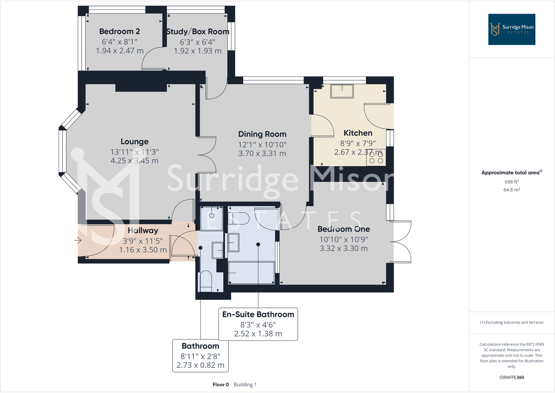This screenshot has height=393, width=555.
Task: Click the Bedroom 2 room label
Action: point(119,31)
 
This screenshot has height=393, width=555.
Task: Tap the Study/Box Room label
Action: point(198,32)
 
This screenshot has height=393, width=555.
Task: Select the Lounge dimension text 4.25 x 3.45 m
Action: point(134,161)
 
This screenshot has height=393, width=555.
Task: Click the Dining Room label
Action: point(262,134)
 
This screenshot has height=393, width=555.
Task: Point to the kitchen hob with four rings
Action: point(376,157)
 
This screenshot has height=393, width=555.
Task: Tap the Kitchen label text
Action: point(358,133)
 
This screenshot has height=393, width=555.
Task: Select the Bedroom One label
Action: point(343,229)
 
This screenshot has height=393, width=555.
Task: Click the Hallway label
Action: point(143,230)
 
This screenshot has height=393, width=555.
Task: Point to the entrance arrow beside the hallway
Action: point(78,240)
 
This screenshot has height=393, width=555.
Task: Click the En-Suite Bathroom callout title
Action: point(258,315)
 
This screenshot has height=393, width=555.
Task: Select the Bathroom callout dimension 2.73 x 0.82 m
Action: point(200,365)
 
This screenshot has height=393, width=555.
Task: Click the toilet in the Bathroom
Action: point(206,281)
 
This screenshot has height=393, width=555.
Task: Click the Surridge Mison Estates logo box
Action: point(511,29)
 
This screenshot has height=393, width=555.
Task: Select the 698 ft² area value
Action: point(511,182)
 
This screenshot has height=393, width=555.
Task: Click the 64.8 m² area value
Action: point(511,190)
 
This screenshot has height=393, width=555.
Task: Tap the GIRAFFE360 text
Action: point(511,377)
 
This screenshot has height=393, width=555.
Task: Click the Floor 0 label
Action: point(221,385)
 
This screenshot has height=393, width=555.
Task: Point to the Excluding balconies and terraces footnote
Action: point(511,323)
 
